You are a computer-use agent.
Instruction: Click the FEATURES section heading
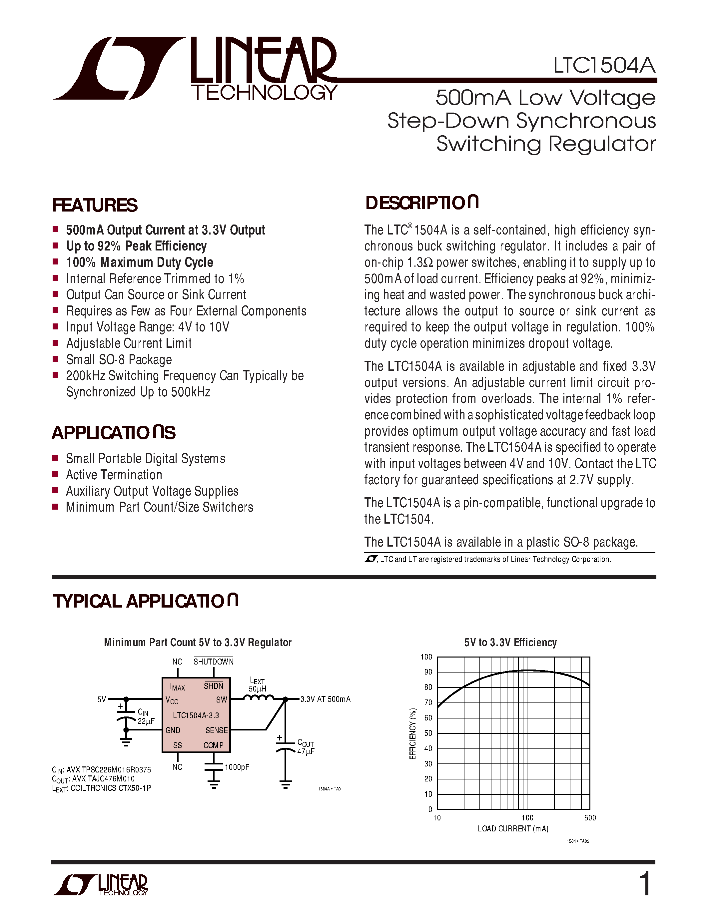click(x=95, y=206)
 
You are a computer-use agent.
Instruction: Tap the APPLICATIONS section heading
click(x=114, y=433)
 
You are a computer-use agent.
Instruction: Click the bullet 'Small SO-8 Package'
click(x=119, y=359)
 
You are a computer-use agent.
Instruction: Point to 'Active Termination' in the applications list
click(x=114, y=475)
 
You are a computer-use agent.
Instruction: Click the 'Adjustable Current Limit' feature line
click(x=129, y=343)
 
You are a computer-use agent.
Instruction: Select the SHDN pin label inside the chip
click(x=214, y=686)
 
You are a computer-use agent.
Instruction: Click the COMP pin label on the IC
click(x=214, y=745)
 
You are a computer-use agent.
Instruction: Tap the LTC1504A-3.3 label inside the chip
click(x=196, y=715)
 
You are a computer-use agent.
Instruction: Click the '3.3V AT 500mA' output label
click(x=325, y=699)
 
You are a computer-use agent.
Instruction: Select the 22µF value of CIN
click(x=146, y=721)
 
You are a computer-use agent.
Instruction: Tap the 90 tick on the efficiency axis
click(x=428, y=672)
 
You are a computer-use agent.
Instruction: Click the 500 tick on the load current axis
click(x=590, y=818)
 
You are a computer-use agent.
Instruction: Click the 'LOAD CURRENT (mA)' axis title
click(x=513, y=829)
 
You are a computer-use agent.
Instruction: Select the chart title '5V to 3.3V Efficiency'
click(x=510, y=643)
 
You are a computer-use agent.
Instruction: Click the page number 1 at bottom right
click(x=644, y=884)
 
